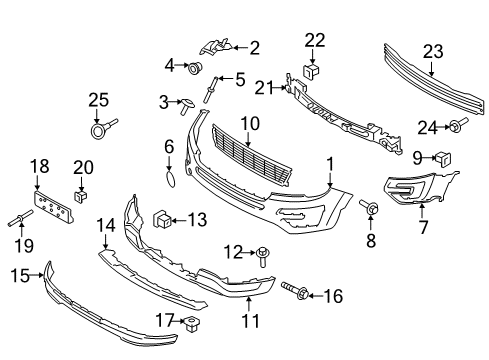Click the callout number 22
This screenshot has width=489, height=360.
(x=315, y=40)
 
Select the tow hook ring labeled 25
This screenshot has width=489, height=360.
(x=102, y=128)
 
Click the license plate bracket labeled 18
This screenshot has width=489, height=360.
(x=54, y=207)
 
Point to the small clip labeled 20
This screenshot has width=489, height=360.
(x=80, y=196)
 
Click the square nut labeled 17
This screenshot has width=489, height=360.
(x=191, y=323)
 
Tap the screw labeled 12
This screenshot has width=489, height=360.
(x=263, y=256)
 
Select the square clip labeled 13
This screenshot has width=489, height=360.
(x=162, y=219)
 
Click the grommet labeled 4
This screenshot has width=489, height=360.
(x=194, y=68)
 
